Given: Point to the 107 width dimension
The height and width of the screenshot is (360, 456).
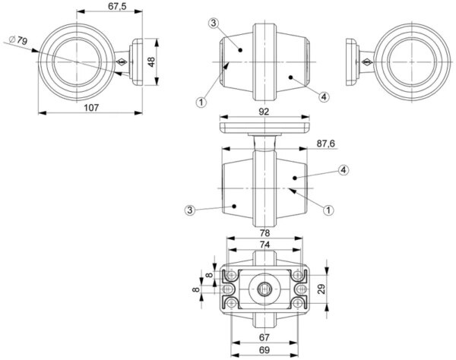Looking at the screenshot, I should coord(92,107).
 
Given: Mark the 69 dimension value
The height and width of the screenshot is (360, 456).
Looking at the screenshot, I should coord(263,352).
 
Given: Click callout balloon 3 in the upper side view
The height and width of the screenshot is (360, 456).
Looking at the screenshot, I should coord(214,23).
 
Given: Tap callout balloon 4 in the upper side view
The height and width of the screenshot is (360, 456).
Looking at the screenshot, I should coord(325,96).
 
